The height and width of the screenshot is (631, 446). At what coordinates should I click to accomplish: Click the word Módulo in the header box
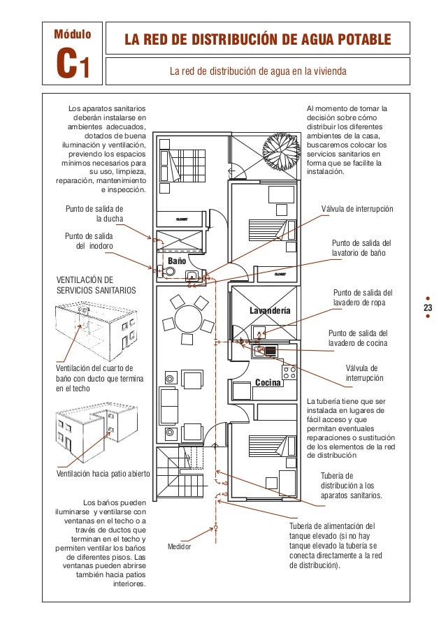70,34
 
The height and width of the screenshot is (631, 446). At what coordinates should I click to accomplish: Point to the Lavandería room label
270,310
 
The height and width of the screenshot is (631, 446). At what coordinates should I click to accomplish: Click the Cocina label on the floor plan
267,383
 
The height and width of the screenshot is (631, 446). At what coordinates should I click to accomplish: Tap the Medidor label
178,546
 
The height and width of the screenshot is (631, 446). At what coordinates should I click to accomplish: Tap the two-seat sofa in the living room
169,405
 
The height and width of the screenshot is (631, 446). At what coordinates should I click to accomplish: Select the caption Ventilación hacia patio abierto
103,474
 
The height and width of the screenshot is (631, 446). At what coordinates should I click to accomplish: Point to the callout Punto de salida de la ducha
94,213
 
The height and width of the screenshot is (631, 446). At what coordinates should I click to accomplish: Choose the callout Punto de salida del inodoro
88,241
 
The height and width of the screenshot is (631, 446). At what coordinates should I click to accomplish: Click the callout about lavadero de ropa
362,297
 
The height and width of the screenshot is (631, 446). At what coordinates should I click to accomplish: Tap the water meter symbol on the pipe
216,527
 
